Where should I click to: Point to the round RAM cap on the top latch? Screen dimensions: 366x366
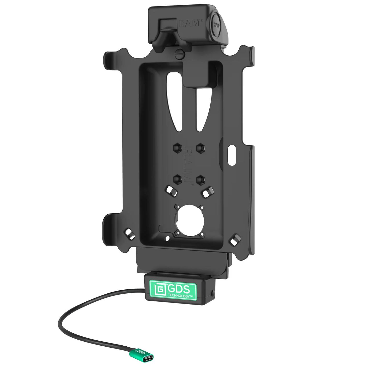pos(216,25)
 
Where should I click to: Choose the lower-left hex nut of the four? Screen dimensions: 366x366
pos(178,179)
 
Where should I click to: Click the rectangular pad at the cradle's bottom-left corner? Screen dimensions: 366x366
pos(129,232)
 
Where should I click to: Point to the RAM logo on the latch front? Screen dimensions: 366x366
pos(190,23)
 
